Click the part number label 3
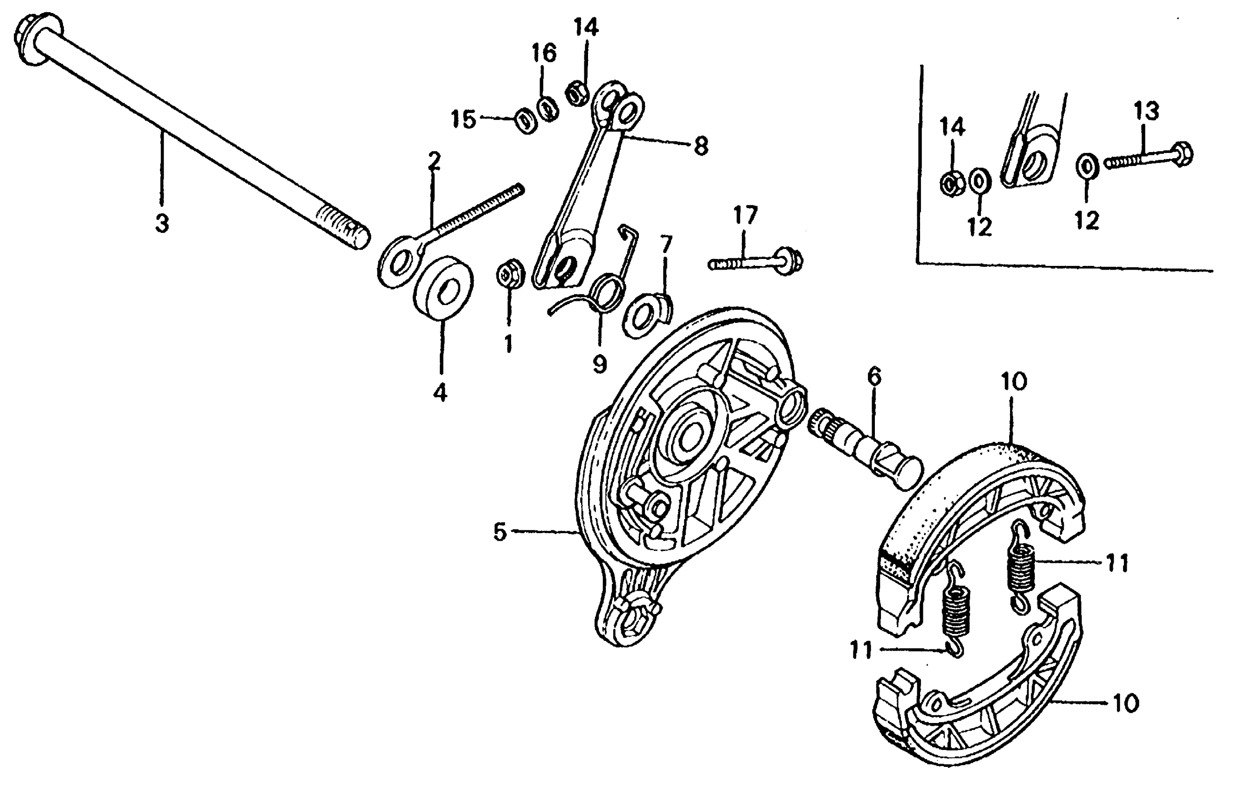point(162,224)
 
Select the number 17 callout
point(745,215)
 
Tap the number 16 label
point(544,53)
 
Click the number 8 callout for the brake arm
point(700,146)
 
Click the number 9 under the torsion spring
point(599,365)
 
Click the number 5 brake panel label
point(500,532)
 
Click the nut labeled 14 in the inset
point(952,184)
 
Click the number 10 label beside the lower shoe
point(1125,703)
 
